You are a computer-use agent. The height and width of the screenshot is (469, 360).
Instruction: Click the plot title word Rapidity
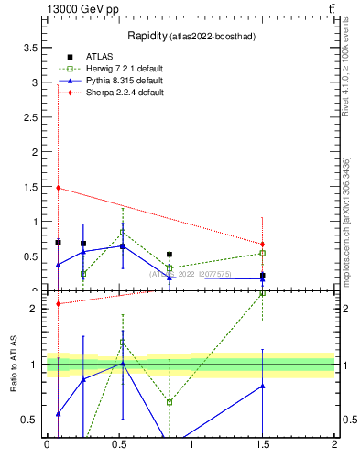coord(159,36)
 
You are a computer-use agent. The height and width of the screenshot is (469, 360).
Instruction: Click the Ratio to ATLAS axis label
coord(13,365)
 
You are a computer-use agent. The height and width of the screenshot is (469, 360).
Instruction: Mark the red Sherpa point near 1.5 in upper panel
coord(58,188)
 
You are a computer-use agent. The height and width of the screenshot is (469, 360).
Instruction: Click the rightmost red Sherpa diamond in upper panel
coord(262,244)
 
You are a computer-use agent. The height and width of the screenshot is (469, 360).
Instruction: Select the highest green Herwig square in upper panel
coord(123,232)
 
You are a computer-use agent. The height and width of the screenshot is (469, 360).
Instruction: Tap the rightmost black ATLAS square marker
coord(262,275)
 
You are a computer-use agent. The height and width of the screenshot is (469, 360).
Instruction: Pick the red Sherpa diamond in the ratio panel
coord(58,304)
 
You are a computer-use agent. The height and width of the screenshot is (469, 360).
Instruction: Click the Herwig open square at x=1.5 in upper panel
coord(262,253)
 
